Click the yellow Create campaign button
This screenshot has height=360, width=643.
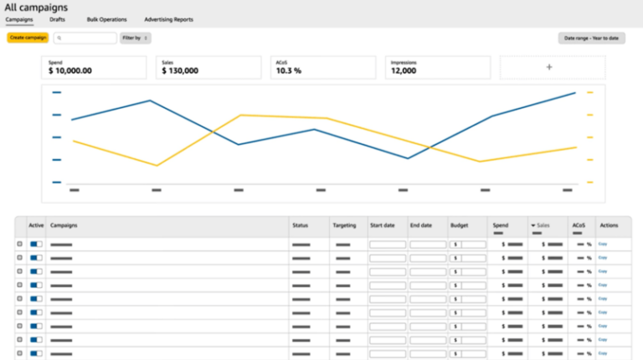point(28,38)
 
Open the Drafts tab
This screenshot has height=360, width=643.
point(57,19)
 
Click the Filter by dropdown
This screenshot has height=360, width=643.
point(135,38)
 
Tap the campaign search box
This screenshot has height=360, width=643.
point(85,38)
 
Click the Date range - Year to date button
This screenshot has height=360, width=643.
point(591,38)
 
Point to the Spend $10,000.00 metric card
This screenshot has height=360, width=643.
point(95,68)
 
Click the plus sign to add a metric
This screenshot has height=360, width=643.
point(549,68)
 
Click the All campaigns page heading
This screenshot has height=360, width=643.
point(36,7)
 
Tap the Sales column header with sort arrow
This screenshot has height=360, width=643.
point(540,225)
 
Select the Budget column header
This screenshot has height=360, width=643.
point(459,225)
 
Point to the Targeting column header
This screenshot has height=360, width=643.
point(343,225)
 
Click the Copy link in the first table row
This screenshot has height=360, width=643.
point(602,244)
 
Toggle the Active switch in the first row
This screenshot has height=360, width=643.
point(36,244)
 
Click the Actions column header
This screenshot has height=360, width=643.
point(609,225)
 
